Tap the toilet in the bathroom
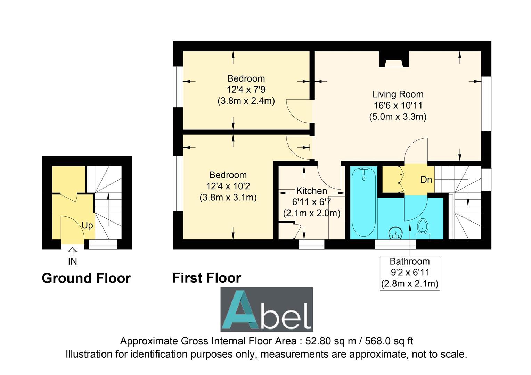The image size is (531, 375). point(423,228)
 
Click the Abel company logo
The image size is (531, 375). point(267,309)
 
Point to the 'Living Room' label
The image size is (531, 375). point(398,94)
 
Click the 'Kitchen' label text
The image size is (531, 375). point(311,191)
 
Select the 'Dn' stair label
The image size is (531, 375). point(426,180)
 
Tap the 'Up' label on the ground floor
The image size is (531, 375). point(87,225)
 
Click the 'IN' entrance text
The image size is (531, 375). point(72,261)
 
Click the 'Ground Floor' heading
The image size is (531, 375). point(86,278)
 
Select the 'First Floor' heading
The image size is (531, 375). point(206,278)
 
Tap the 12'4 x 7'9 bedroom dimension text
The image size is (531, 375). point(246,90)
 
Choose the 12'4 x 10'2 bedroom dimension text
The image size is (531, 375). point(228,186)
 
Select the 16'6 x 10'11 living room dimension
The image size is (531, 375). point(398,105)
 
